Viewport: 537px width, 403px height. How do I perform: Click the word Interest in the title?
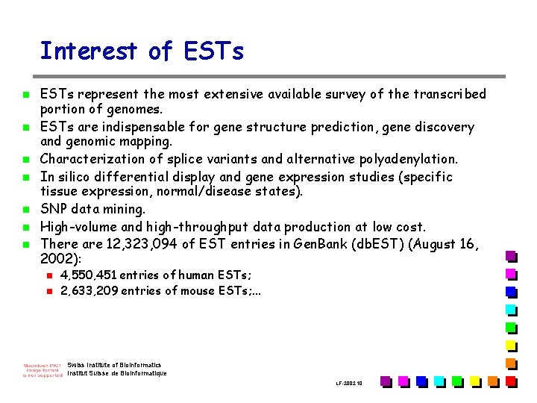coord(89,51)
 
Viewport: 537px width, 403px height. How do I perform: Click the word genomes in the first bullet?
coord(134,110)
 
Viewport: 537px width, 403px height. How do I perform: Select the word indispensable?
coord(143,127)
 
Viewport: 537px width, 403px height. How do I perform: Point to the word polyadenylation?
coord(408,160)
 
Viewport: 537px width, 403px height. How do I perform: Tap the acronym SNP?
coord(54,209)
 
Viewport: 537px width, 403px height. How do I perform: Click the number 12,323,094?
coord(142,244)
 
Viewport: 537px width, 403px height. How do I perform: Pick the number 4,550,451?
coord(88,275)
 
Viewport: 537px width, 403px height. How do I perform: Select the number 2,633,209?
coord(89,290)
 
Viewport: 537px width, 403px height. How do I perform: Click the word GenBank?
coord(320,243)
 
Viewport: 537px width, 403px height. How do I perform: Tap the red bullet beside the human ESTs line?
coord(50,275)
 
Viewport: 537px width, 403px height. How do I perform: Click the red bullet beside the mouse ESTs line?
coord(50,291)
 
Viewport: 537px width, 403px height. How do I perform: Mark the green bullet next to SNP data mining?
coord(26,210)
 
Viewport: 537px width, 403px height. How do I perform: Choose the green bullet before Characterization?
coord(26,160)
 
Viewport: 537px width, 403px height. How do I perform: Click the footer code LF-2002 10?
coord(349,383)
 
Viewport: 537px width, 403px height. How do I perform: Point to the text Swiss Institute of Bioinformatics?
coord(114,365)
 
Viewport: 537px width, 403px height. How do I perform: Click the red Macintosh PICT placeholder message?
coord(43,370)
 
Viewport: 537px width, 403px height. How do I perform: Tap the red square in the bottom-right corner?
coord(512,382)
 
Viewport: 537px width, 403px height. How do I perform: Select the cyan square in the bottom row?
coord(440,382)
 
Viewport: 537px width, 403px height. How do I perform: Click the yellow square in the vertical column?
coord(512,346)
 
